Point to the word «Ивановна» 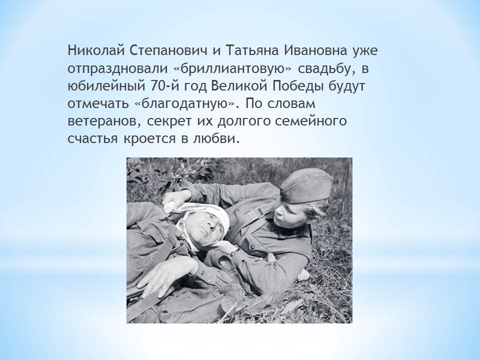tap(316, 50)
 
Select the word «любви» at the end tap(215, 138)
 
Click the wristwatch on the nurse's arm tap(234, 252)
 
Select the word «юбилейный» tap(106, 86)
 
